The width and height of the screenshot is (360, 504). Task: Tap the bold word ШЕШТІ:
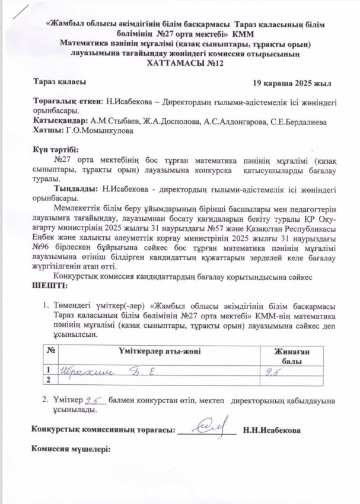[48, 286]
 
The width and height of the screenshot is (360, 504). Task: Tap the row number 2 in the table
[47, 379]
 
